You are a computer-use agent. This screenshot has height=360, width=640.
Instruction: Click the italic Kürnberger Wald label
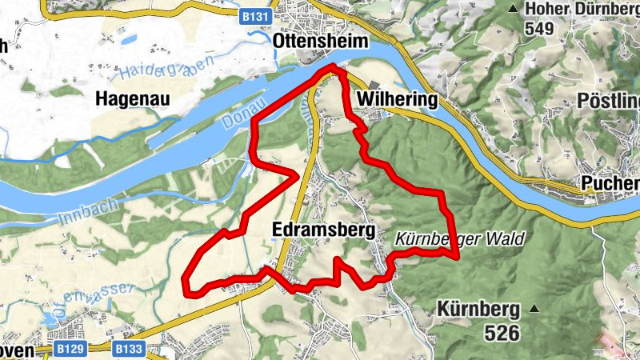(458, 239)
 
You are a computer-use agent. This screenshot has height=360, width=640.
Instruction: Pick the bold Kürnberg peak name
(478, 309)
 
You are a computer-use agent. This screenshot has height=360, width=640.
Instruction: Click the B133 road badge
(128, 349)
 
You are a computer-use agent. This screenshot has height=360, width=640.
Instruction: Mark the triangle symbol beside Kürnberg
(535, 309)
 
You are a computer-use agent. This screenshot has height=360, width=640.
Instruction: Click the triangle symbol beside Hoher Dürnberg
(513, 8)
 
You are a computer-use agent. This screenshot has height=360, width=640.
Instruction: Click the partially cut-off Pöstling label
(608, 101)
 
